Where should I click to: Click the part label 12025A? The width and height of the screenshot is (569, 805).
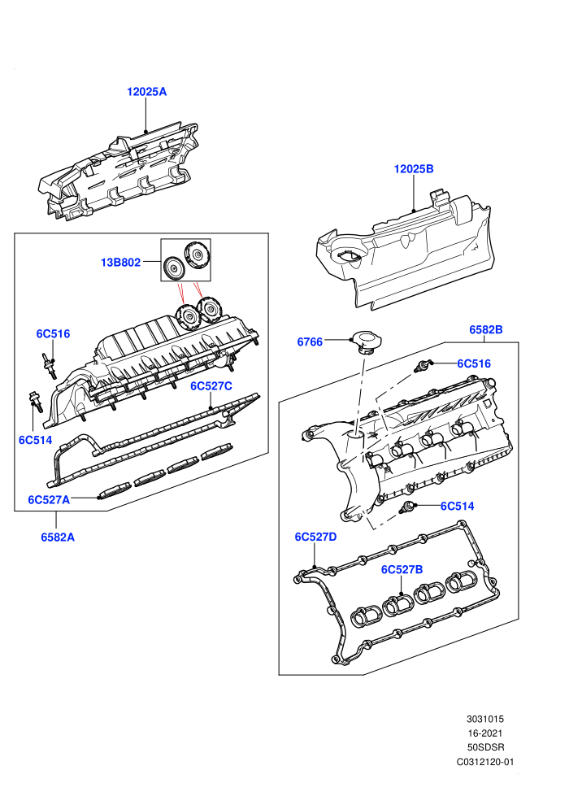pyautogui.click(x=147, y=92)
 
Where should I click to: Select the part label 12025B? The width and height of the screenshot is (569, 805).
pyautogui.click(x=414, y=169)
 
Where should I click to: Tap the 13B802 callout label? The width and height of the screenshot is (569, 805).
pyautogui.click(x=120, y=263)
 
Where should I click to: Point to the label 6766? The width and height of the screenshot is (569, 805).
pyautogui.click(x=310, y=342)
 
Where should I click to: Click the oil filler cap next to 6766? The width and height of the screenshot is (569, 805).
pyautogui.click(x=365, y=342)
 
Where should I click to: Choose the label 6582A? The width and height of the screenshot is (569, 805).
pyautogui.click(x=58, y=537)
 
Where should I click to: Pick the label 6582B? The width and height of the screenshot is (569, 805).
pyautogui.click(x=486, y=329)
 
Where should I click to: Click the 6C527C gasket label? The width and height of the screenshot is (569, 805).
pyautogui.click(x=211, y=386)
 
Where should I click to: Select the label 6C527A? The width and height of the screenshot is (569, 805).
pyautogui.click(x=49, y=499)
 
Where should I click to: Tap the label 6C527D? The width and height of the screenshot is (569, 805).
pyautogui.click(x=315, y=537)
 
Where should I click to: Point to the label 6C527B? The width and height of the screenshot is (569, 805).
pyautogui.click(x=402, y=569)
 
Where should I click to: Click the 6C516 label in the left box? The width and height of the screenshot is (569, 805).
pyautogui.click(x=53, y=333)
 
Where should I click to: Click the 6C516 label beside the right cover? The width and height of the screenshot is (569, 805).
pyautogui.click(x=474, y=363)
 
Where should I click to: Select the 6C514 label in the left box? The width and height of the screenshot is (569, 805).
pyautogui.click(x=36, y=440)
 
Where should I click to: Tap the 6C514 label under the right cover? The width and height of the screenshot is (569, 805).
pyautogui.click(x=457, y=507)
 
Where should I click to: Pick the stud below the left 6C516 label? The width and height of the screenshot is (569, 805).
pyautogui.click(x=50, y=365)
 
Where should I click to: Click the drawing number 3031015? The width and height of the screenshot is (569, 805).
pyautogui.click(x=484, y=720)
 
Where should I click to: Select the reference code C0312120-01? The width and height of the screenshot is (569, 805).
pyautogui.click(x=484, y=763)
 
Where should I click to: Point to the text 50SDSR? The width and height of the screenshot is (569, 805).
pyautogui.click(x=484, y=748)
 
